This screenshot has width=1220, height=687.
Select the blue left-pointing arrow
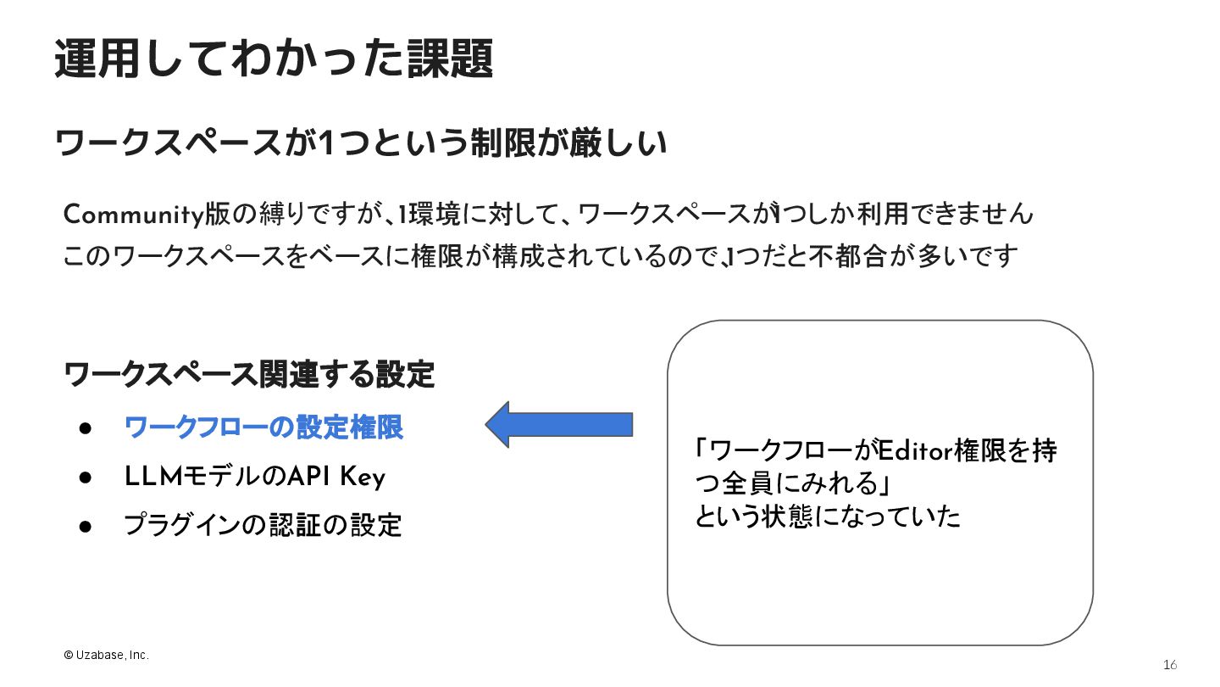coord(559,424)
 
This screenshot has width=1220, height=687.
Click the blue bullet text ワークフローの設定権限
coord(263,427)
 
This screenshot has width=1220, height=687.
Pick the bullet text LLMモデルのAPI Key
coord(254,478)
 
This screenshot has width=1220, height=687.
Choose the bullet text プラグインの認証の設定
coord(263,525)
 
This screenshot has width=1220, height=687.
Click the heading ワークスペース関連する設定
coord(250,374)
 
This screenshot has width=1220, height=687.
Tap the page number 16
coord(1170,664)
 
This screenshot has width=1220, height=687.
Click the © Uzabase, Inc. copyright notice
coord(106,655)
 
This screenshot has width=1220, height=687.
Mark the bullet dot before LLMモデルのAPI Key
coord(85,478)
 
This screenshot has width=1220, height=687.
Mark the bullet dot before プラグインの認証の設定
coord(85,525)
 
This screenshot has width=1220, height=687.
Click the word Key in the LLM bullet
coord(363,478)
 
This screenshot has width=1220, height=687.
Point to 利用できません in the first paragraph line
coord(942,215)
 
